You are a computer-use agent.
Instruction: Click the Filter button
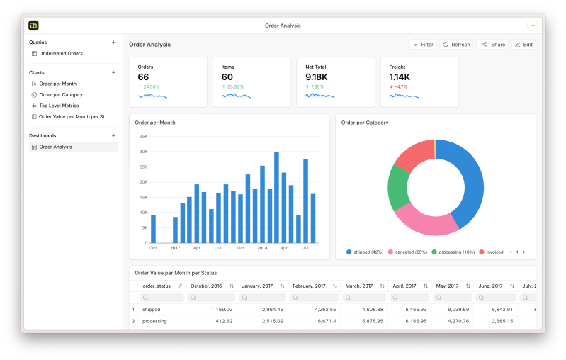[423, 45]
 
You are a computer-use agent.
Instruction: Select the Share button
[493, 45]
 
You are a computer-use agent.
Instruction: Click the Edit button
[523, 45]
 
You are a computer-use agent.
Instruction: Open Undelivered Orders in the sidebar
[60, 53]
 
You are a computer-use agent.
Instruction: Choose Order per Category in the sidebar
[60, 94]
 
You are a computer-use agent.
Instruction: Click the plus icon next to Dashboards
[113, 135]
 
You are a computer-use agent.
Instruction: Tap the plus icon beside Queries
[113, 43]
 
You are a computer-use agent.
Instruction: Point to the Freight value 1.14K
[400, 77]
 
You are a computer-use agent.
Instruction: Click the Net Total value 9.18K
[316, 77]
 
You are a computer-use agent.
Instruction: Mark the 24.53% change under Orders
[150, 87]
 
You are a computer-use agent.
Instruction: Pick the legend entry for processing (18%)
[453, 252]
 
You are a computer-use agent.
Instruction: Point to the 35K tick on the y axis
[143, 136]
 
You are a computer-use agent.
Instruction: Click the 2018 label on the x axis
[262, 248]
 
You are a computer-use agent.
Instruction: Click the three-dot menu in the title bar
[532, 26]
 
